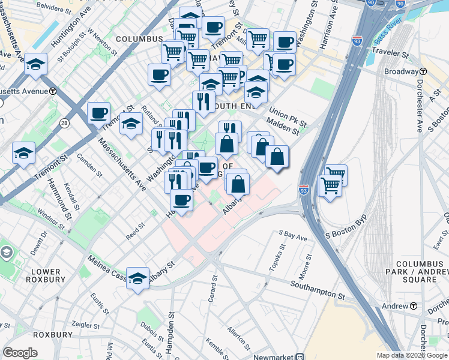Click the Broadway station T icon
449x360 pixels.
[x=423, y=71]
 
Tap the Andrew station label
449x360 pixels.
[x=396, y=306]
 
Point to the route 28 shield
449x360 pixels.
[x=65, y=123]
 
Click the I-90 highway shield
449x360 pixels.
[x=370, y=3]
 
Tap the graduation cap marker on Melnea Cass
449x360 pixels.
[x=137, y=279]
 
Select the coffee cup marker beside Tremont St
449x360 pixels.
[x=98, y=112]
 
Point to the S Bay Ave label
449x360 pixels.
[x=292, y=235]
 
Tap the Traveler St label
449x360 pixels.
[x=390, y=53]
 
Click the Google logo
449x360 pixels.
[x=20, y=353]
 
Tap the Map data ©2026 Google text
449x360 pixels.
[x=411, y=355]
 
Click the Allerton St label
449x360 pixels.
[x=239, y=338]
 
